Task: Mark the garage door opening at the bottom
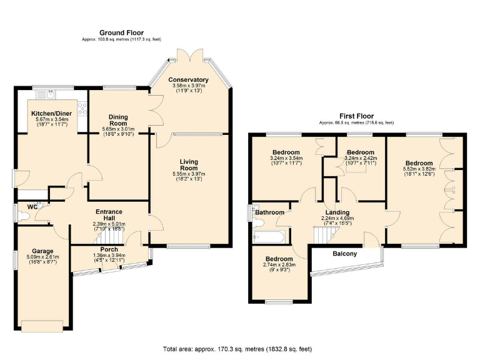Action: pos(42,326)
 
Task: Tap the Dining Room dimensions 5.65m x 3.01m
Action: pos(119,130)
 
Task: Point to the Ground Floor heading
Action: pos(121,32)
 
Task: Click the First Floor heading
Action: pos(357,116)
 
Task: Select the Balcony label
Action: pos(344,253)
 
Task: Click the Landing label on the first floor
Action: pos(337,212)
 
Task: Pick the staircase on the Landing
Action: pos(324,235)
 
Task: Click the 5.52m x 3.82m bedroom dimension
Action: pos(419,169)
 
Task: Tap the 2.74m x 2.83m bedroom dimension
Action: pos(279,265)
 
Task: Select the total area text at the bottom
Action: pos(237,349)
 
